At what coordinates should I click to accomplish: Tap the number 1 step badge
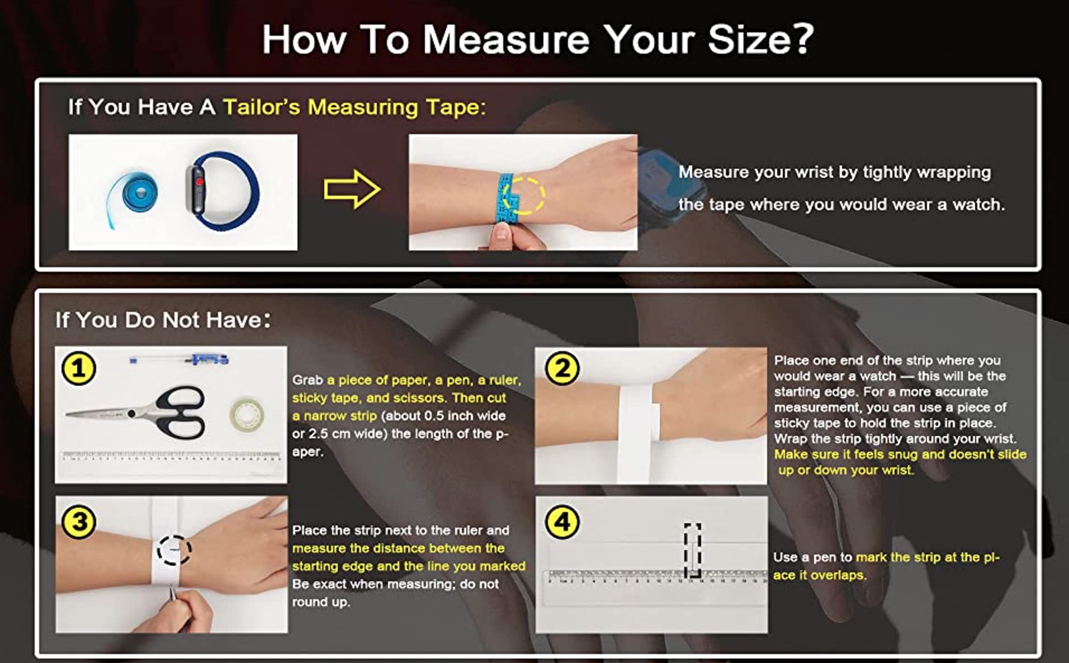tap(78, 368)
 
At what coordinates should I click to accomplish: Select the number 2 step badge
tap(562, 368)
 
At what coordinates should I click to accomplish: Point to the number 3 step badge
tap(79, 522)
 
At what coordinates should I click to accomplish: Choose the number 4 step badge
tap(562, 522)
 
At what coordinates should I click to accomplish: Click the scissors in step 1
tap(137, 413)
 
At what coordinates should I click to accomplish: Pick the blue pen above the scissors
tap(179, 359)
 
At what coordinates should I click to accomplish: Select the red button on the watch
tap(199, 182)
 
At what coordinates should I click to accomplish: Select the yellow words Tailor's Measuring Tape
tap(354, 107)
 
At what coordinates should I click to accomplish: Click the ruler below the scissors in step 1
tap(171, 456)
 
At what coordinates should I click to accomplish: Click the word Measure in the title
tap(506, 39)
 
